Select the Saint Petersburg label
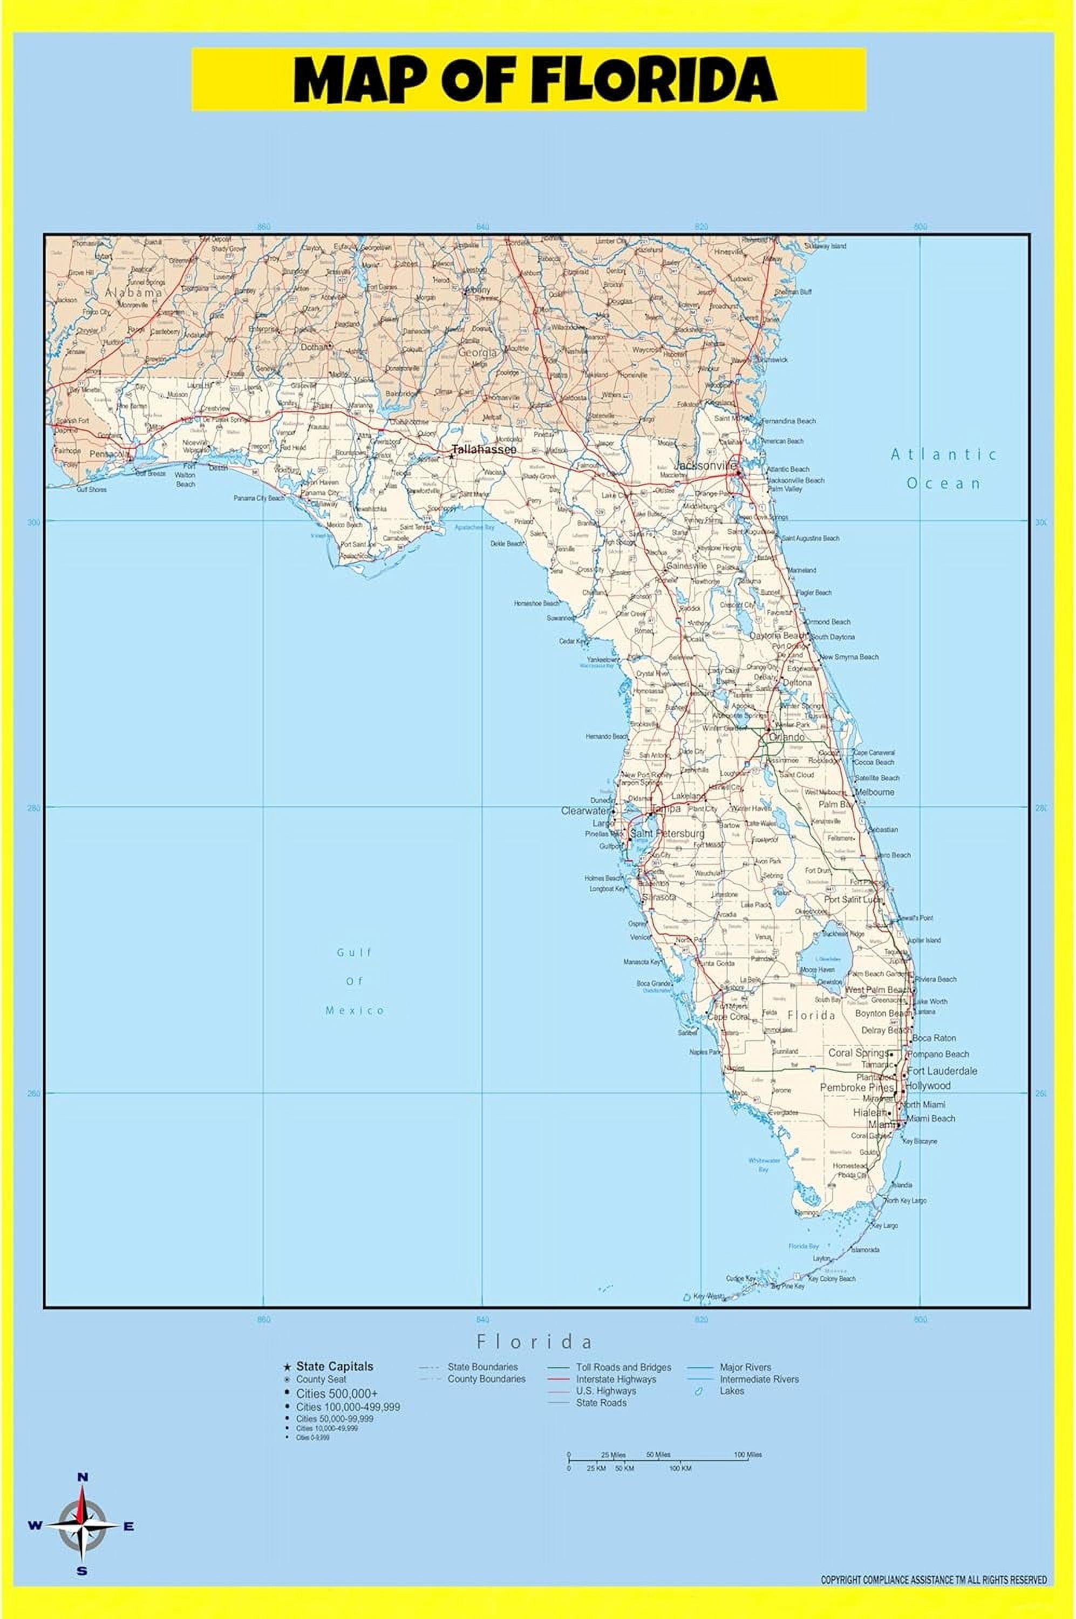(x=667, y=833)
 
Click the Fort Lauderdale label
(x=942, y=1071)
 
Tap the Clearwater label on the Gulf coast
(x=584, y=811)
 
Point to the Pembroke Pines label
(x=857, y=1088)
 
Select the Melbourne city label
(x=875, y=792)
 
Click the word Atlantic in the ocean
(x=944, y=454)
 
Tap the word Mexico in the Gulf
(x=355, y=1010)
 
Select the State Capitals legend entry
(x=334, y=1366)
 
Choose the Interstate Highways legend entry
(x=616, y=1379)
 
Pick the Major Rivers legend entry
(x=745, y=1367)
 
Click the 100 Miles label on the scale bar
(x=747, y=1454)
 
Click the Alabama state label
(x=133, y=292)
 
